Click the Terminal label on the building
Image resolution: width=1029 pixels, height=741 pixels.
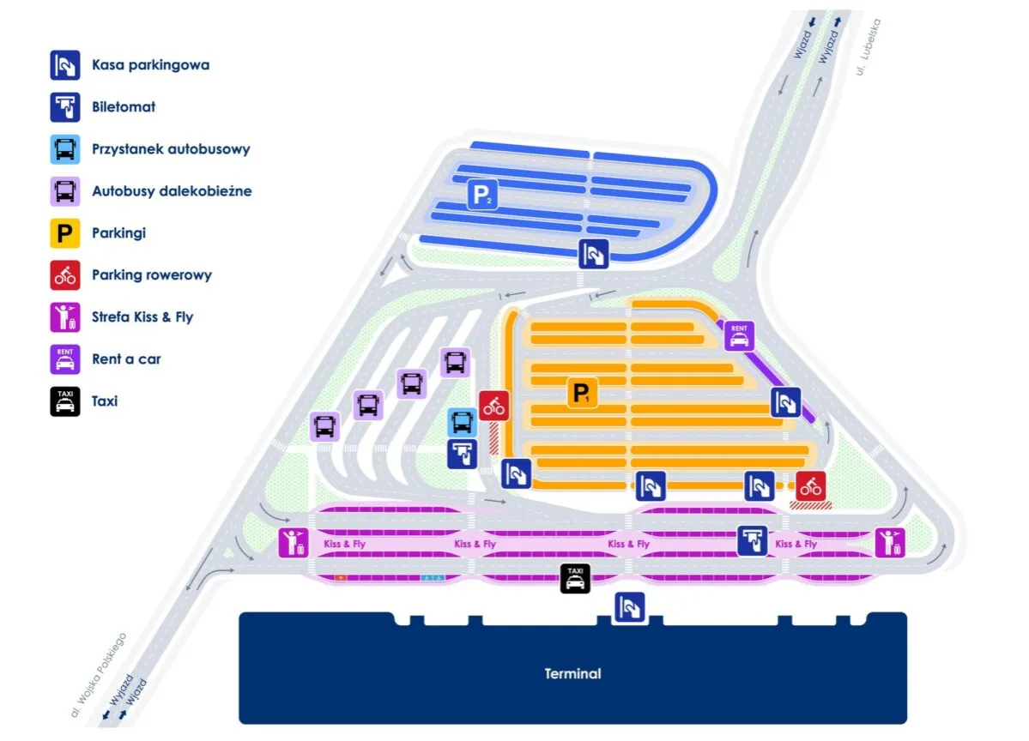(572, 674)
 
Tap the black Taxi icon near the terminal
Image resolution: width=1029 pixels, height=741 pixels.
(575, 579)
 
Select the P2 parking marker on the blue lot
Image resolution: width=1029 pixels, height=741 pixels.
(481, 195)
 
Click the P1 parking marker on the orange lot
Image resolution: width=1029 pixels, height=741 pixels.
(581, 394)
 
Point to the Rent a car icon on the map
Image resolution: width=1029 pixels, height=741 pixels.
(739, 336)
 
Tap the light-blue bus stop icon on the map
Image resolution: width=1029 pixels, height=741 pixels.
(462, 422)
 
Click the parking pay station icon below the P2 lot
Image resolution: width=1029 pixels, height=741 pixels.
(593, 254)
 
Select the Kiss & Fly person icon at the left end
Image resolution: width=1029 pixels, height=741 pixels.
(293, 543)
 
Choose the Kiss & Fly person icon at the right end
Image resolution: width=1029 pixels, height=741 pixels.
(890, 543)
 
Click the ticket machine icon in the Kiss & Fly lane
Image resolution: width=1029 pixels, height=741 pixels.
(754, 541)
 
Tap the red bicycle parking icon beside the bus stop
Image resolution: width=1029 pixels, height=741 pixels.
(494, 406)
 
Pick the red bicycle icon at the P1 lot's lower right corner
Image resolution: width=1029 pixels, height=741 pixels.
(810, 486)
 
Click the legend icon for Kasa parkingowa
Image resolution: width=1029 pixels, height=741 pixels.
(65, 65)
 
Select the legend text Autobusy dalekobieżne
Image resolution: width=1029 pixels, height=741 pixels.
(172, 191)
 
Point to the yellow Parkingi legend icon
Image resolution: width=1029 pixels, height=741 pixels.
(65, 233)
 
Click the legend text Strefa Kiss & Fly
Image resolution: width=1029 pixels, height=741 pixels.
(142, 317)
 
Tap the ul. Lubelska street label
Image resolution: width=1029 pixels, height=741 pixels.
(868, 48)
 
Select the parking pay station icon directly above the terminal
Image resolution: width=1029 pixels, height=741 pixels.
(630, 607)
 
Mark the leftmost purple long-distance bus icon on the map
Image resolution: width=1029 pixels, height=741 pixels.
(325, 426)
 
